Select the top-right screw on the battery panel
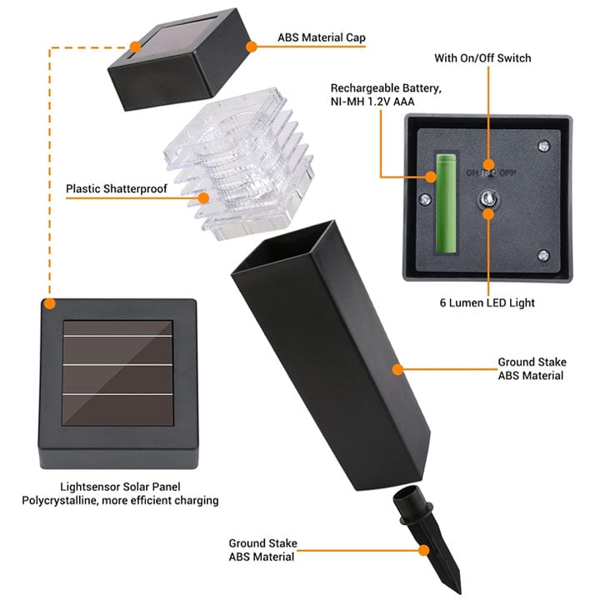pyautogui.click(x=543, y=147)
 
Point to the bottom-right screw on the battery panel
pyautogui.click(x=543, y=256)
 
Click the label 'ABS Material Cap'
pyautogui.click(x=321, y=38)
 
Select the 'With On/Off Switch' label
pyautogui.click(x=482, y=58)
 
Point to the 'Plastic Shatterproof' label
pyautogui.click(x=117, y=189)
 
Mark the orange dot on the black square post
pyautogui.click(x=398, y=367)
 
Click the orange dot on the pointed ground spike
pyautogui.click(x=425, y=550)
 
